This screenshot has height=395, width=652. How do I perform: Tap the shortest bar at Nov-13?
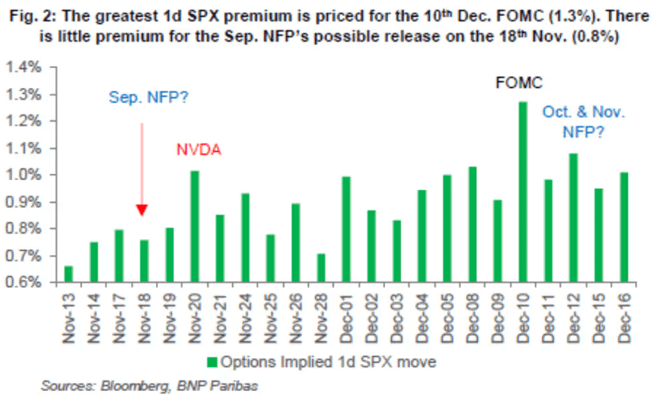(68, 274)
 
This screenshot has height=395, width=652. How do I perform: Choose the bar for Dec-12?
(573, 218)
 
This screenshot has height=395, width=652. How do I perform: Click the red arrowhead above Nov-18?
(142, 210)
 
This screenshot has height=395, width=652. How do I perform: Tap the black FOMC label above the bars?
(519, 84)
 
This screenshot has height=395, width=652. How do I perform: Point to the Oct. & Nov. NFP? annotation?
(583, 123)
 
